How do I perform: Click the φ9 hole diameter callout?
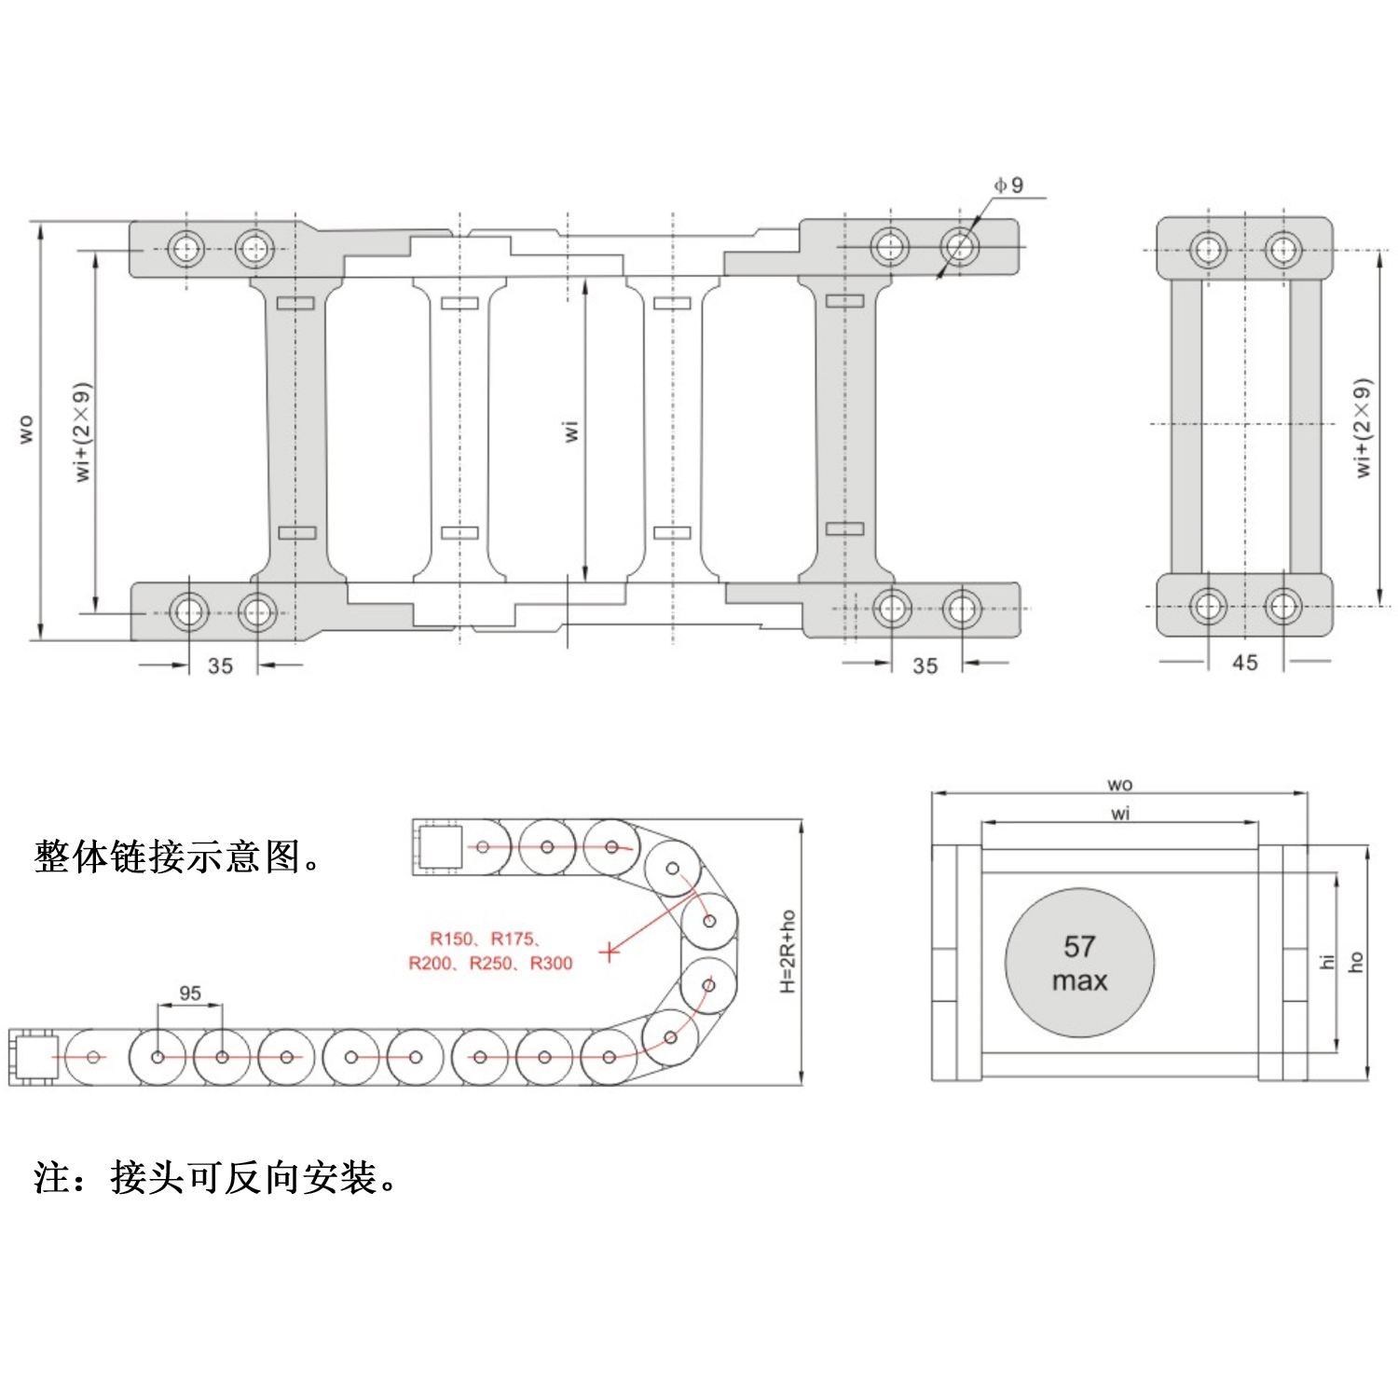tap(1009, 185)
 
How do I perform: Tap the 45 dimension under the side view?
tap(1245, 663)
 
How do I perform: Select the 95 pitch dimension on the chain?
tap(190, 993)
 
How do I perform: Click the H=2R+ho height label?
tap(788, 951)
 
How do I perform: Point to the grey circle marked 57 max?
tap(1079, 963)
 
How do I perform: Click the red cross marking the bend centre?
tap(609, 952)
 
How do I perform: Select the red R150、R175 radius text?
tap(485, 939)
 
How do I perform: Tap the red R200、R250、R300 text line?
tap(490, 963)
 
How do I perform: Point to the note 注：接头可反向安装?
tap(215, 1177)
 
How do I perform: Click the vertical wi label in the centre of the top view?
tap(571, 431)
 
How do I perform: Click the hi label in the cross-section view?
tap(1327, 961)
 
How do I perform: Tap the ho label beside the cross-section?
tap(1356, 961)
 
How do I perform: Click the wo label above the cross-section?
tap(1120, 785)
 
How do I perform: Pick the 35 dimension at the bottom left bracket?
tap(221, 665)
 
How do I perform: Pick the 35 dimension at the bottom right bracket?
tap(925, 665)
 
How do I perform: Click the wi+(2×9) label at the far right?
tap(1363, 429)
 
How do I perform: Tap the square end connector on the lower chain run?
tap(35, 1057)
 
